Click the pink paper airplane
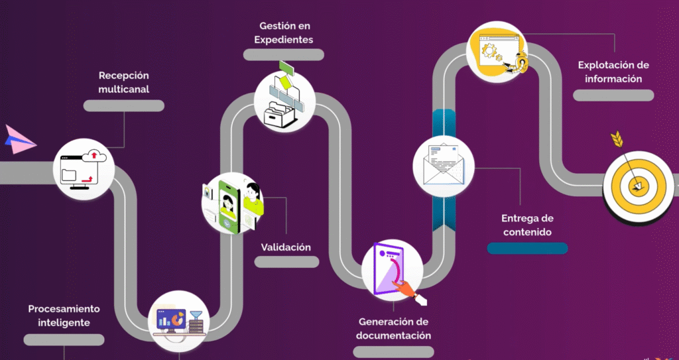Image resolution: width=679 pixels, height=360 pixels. point(19,139)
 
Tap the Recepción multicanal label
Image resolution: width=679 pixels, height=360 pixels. point(123,82)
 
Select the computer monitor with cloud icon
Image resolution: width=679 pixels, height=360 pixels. point(84,169)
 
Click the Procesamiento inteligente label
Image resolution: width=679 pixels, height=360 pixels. point(64,316)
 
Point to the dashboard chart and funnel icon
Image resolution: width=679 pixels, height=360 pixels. point(179,322)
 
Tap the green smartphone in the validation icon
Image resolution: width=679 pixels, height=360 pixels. point(228,207)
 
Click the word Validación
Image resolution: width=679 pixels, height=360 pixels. point(286,247)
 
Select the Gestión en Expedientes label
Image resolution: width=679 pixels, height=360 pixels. point(284,33)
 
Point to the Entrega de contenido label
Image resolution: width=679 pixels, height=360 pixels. point(527,225)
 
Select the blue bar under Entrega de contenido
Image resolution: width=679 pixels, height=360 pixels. point(527,248)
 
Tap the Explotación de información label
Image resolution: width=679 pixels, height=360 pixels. point(613,72)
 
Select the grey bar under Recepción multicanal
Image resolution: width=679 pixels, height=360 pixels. point(124,105)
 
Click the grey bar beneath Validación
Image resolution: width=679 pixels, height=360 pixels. point(286,262)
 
